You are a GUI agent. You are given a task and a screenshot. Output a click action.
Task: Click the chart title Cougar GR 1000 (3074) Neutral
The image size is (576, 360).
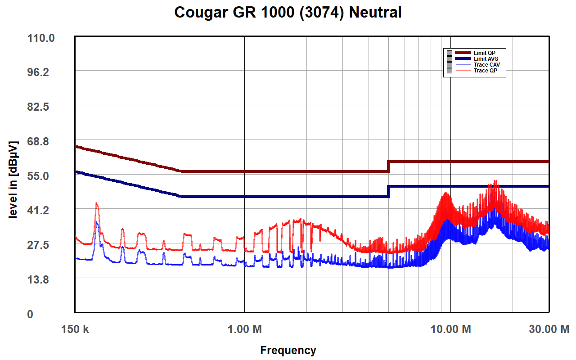coord(288,13)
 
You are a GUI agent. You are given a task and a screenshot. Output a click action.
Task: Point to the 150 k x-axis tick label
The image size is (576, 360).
coord(75,329)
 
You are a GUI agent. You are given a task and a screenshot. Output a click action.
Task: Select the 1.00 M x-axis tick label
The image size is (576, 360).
coord(244,329)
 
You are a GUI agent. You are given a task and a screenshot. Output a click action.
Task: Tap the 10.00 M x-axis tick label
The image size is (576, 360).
coord(450,329)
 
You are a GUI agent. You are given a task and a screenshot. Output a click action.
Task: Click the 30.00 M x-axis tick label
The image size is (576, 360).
coord(549,329)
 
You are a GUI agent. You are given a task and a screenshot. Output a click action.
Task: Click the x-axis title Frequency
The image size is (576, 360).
coord(288,350)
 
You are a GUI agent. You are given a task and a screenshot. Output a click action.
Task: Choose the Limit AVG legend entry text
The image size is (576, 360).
coord(486,59)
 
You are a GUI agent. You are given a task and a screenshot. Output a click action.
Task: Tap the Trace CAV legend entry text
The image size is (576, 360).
coord(486,65)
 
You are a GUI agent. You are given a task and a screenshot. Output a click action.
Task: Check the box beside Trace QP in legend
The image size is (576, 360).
coord(449,71)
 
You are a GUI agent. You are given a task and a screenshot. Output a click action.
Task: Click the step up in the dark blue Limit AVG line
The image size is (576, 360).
coord(388,191)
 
